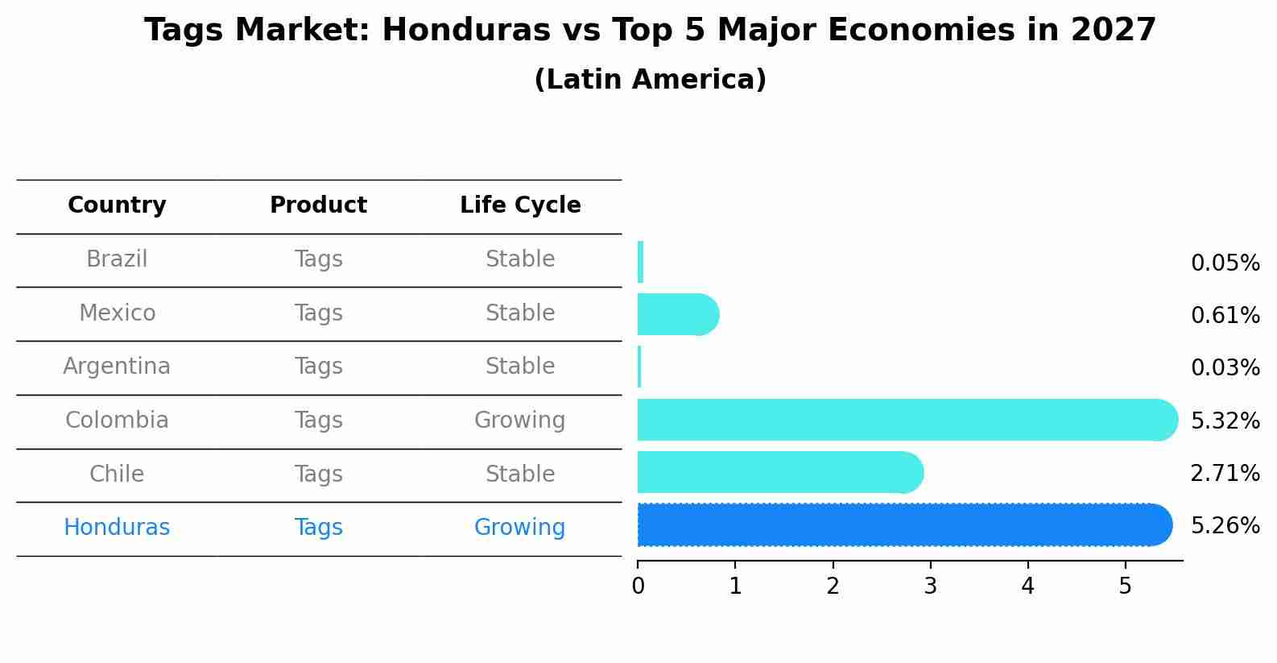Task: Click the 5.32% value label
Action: [1225, 421]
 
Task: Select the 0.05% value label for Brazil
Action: [1225, 263]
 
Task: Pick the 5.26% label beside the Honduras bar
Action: [1225, 526]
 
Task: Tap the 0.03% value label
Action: [1225, 368]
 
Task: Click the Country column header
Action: [117, 205]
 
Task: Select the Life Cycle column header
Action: [520, 205]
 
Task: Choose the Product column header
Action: [318, 205]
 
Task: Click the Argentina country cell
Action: [117, 367]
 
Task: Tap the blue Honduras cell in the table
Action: [117, 528]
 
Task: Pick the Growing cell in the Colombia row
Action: [519, 421]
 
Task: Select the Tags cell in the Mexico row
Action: [318, 313]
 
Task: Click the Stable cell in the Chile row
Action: [519, 474]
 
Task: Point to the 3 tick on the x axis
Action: [930, 586]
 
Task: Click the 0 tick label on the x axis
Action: [638, 586]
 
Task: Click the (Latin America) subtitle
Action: [650, 80]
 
